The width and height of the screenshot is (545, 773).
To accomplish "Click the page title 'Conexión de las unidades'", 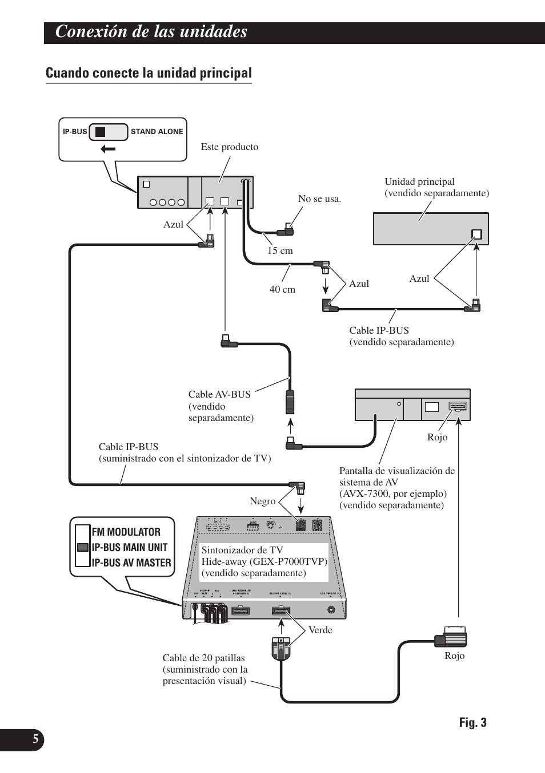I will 151,32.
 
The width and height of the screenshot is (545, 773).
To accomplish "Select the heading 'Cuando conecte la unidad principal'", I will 149,73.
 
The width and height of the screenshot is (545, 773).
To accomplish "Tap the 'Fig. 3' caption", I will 472,723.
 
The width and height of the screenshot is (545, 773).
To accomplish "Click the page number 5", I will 35,740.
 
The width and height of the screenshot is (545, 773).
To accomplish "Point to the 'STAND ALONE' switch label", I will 157,132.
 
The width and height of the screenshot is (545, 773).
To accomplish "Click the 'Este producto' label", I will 229,147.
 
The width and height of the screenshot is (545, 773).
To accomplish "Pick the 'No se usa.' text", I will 319,199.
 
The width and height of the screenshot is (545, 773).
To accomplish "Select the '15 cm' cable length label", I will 280,250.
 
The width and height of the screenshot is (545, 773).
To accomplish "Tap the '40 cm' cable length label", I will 282,290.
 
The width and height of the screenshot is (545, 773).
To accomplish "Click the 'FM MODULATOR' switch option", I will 126,532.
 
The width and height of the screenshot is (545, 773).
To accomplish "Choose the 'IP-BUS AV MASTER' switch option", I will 131,562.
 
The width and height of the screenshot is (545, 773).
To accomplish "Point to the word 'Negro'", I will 262,501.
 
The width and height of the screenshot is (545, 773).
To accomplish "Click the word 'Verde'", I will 320,630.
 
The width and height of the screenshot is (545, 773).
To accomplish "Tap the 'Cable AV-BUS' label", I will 219,394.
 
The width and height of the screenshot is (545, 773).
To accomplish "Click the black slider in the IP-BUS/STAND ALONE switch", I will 101,132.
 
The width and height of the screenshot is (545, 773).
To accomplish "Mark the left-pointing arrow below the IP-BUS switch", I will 107,149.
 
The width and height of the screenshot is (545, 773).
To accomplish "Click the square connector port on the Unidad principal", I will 476,234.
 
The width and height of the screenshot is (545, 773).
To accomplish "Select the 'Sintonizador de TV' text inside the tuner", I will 242,551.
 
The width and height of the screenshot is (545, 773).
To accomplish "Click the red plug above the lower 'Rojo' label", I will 455,636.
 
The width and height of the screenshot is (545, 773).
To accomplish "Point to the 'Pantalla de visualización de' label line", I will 397,471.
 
